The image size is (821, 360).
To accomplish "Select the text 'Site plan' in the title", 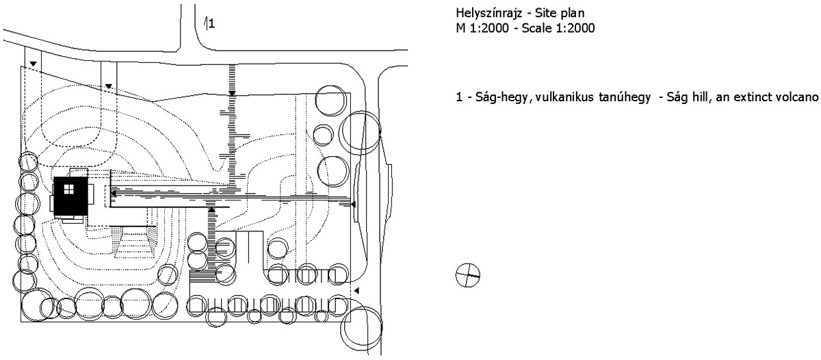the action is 560,13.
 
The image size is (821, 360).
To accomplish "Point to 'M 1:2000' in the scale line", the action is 482,28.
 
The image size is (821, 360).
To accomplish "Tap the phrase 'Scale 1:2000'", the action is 558,28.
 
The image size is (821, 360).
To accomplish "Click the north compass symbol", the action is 468,275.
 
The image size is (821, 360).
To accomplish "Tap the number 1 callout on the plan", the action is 211,24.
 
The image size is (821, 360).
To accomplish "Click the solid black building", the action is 71,196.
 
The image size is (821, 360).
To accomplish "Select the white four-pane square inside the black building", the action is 69,189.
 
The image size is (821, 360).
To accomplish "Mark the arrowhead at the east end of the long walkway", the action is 353,204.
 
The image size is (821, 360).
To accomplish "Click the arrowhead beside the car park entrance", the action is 356,291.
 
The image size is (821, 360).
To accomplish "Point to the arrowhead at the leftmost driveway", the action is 33,64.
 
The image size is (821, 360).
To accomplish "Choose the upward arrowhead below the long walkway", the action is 211,209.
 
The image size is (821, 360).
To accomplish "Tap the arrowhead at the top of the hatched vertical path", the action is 232,94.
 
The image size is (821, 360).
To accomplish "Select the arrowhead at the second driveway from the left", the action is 109,86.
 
